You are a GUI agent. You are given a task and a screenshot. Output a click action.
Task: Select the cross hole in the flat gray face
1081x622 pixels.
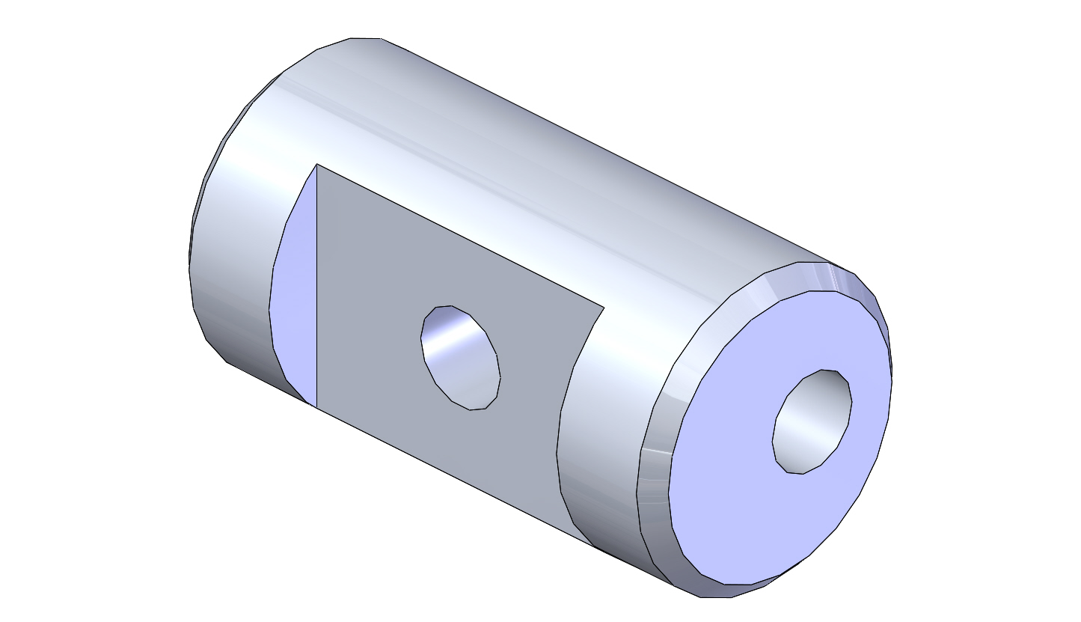click(460, 358)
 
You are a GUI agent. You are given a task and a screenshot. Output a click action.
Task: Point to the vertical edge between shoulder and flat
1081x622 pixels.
click(316, 284)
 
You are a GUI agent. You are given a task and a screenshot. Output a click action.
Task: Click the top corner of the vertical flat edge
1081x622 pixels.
click(316, 164)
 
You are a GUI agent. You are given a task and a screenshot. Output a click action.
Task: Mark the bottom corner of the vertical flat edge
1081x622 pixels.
click(316, 408)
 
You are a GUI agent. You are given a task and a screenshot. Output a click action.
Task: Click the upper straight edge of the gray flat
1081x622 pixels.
click(460, 235)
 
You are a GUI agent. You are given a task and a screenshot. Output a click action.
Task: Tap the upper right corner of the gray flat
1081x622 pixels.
click(604, 307)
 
